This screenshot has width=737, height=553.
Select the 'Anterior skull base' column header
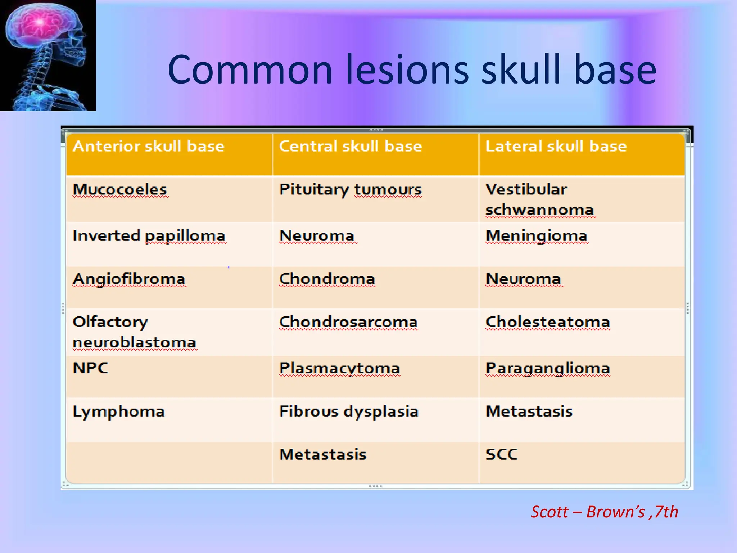(149, 147)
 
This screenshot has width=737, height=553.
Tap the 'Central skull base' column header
(350, 147)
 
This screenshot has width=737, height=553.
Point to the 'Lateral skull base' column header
(556, 147)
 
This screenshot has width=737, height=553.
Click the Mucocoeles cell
(120, 190)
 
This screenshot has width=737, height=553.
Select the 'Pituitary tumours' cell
(350, 190)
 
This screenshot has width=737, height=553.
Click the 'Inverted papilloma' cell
(149, 236)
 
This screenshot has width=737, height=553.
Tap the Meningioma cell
(536, 236)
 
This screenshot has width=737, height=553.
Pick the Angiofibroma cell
(129, 279)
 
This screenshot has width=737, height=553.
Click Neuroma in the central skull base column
(317, 236)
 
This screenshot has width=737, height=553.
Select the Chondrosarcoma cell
(348, 322)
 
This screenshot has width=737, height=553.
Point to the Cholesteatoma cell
(547, 322)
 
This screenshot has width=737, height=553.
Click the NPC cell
(90, 368)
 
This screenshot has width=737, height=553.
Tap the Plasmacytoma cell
(339, 368)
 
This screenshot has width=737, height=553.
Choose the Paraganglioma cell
(547, 368)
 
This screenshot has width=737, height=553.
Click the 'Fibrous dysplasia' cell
(349, 412)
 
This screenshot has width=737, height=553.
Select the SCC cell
(501, 454)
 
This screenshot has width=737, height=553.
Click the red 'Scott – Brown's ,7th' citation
(604, 512)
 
